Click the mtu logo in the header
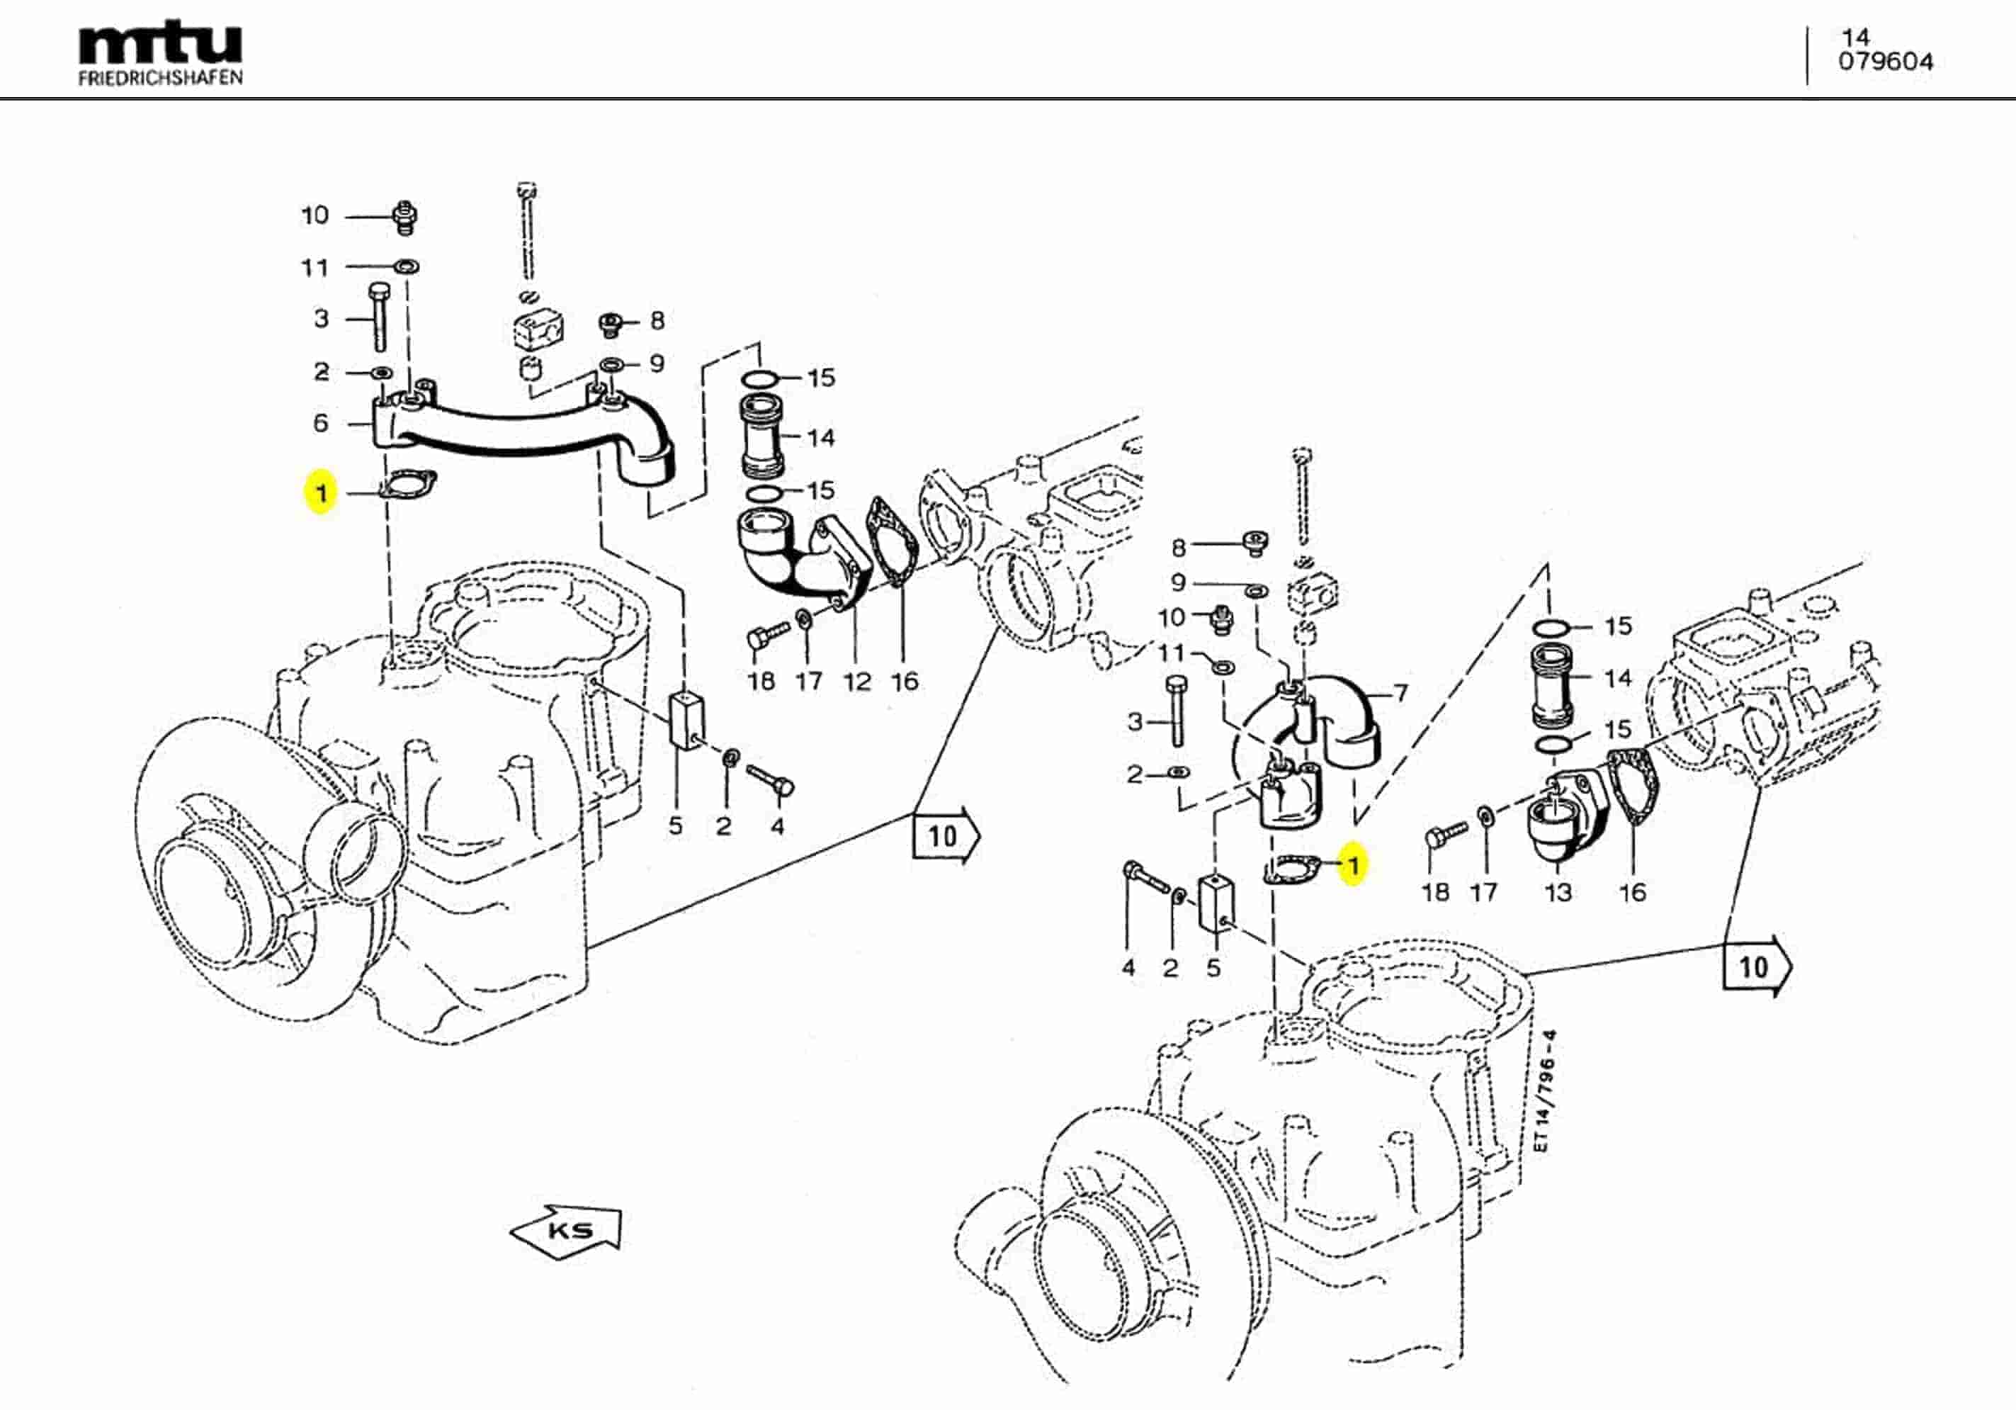160,44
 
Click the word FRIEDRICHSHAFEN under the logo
160,78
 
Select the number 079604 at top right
1885,62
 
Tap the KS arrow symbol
567,1230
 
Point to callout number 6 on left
322,424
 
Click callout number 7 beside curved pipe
1400,693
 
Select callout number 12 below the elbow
856,681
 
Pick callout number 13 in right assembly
1558,893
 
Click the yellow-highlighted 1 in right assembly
1353,865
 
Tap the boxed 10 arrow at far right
1755,967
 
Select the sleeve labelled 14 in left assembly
762,436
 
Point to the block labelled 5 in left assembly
686,721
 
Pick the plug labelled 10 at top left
404,217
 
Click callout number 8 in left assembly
657,321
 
